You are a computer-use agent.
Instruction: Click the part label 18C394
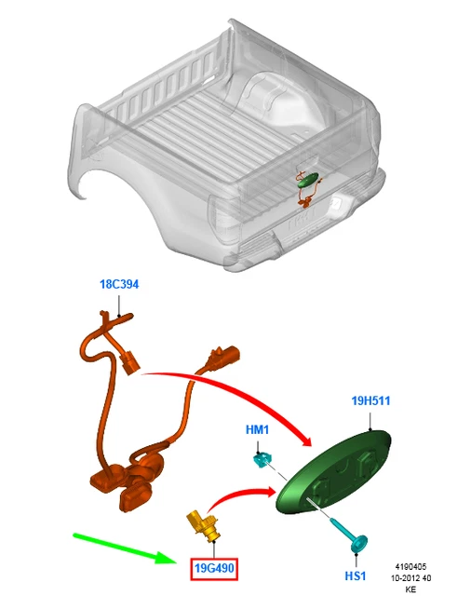(x=119, y=284)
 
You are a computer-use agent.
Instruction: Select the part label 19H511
(x=370, y=401)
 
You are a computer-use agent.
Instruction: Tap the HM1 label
(x=257, y=430)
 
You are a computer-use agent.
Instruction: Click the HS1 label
(x=356, y=576)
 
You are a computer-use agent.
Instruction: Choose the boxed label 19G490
(x=214, y=569)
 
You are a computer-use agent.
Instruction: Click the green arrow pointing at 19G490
(x=125, y=549)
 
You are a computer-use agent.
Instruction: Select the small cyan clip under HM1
(x=262, y=459)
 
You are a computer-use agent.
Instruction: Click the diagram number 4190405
(x=410, y=567)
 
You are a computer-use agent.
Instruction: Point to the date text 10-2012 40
(x=411, y=578)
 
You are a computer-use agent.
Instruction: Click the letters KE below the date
(x=410, y=589)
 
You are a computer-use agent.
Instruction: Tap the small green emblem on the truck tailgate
(x=308, y=180)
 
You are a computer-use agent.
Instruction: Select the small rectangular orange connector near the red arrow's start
(x=130, y=364)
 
